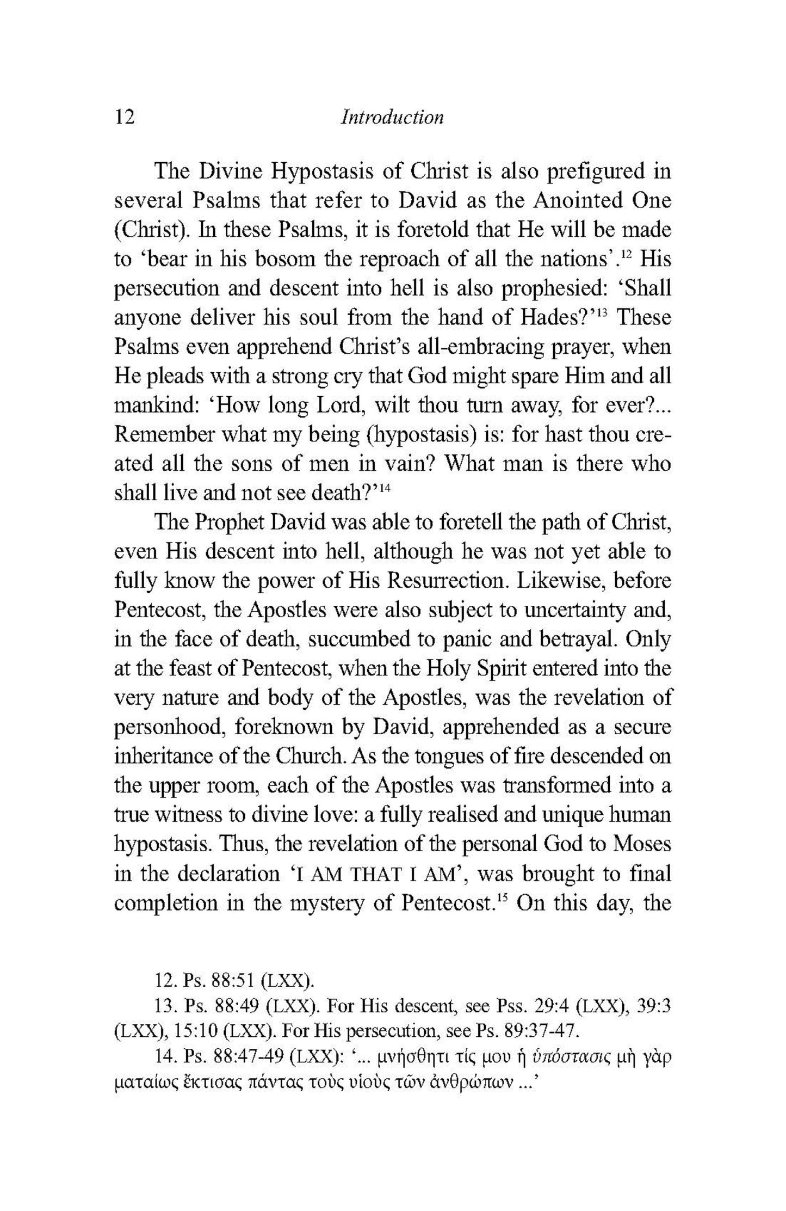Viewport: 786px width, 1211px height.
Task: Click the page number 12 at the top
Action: pyautogui.click(x=124, y=116)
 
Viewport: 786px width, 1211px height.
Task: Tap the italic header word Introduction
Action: pyautogui.click(x=392, y=117)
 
